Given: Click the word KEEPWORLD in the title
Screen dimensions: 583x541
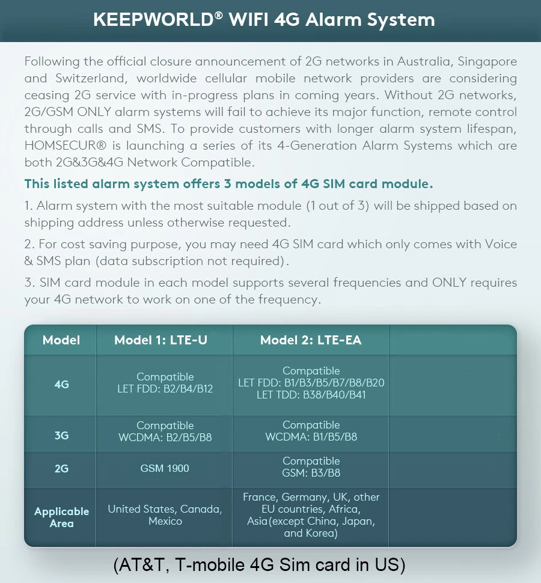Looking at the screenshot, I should [x=153, y=20].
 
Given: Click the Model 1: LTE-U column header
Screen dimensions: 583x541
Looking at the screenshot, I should [x=160, y=340].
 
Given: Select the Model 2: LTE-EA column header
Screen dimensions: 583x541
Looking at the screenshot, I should [x=311, y=340].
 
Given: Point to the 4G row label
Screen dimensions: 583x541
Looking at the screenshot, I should [x=61, y=385].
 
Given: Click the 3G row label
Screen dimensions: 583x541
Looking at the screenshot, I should [x=61, y=435].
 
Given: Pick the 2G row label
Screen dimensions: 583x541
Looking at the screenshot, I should [x=61, y=468].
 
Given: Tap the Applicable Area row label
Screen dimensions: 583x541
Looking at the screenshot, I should [x=61, y=517].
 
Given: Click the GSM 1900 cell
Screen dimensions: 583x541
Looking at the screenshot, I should [x=165, y=468].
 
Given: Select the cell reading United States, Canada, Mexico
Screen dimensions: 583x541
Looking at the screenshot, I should [x=165, y=515].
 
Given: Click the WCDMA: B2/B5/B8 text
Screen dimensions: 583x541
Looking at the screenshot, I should [x=165, y=438].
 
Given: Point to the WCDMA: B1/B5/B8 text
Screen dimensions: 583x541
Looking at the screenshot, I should [x=311, y=437].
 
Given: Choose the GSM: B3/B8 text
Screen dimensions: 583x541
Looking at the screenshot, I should [x=311, y=473].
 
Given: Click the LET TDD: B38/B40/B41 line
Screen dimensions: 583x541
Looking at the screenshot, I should [x=311, y=395].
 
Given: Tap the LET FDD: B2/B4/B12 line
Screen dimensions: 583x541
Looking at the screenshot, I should [x=165, y=389].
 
